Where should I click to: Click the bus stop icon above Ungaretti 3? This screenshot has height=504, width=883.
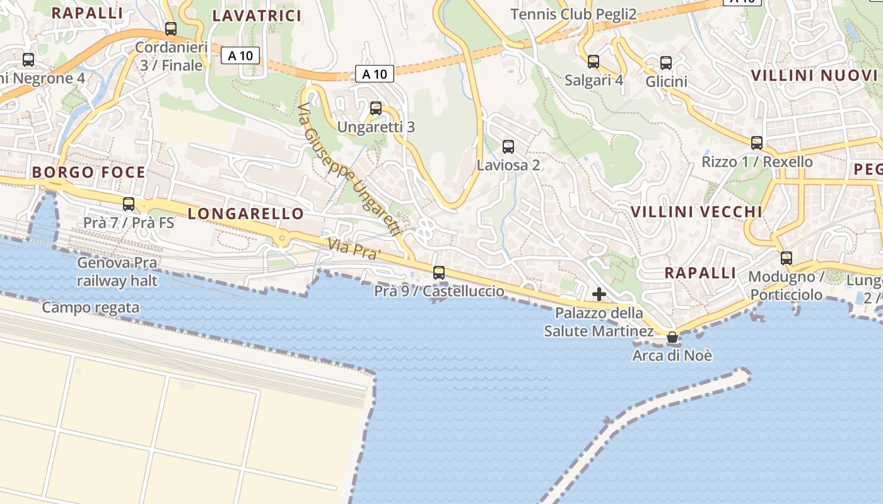[x=376, y=108]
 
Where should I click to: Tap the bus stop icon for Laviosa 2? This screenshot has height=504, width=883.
[x=508, y=147]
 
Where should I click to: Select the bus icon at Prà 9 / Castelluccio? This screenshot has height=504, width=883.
[x=439, y=273]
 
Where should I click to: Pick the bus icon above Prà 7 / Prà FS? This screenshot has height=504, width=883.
[x=129, y=204]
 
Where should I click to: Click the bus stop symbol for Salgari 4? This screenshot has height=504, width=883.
[x=594, y=62]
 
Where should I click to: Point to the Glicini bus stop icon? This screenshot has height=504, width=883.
[x=666, y=63]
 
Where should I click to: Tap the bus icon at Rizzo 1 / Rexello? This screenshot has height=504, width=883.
[x=757, y=143]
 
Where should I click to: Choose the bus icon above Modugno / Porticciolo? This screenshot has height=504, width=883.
[x=787, y=258]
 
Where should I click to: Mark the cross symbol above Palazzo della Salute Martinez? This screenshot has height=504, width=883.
[x=599, y=294]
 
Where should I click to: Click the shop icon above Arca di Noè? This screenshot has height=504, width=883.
[x=672, y=338]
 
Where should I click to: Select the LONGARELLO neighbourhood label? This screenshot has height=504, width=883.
[x=246, y=214]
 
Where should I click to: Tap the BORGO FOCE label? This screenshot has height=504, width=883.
[x=89, y=173]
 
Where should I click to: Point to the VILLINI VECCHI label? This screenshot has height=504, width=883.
[x=697, y=212]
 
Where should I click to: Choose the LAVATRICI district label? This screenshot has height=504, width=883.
[x=257, y=16]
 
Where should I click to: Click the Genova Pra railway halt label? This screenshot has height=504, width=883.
[x=117, y=272]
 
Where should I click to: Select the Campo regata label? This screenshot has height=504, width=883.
[x=91, y=308]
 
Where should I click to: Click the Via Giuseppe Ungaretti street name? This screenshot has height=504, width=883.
[x=350, y=171]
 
